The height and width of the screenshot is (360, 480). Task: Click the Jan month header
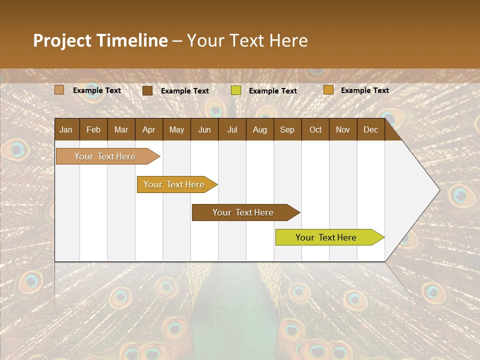click(x=66, y=129)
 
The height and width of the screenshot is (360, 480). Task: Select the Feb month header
click(x=93, y=129)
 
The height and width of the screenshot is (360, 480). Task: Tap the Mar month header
click(x=121, y=129)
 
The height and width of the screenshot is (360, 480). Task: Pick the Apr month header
click(x=149, y=129)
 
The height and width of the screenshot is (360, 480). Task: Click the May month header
click(x=176, y=129)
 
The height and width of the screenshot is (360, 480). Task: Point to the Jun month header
click(x=204, y=129)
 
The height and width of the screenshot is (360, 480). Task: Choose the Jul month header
click(x=232, y=129)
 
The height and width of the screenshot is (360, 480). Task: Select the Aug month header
click(x=260, y=129)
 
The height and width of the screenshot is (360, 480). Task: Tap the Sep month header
click(x=287, y=129)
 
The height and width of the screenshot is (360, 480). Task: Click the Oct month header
click(x=315, y=129)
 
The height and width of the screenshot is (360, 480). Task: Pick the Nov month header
click(x=343, y=129)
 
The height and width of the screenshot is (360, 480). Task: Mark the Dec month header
click(x=371, y=129)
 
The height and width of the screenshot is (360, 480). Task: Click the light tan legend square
click(x=59, y=90)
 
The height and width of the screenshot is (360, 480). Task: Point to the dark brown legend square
click(x=147, y=90)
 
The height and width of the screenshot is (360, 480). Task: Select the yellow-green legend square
click(x=236, y=90)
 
